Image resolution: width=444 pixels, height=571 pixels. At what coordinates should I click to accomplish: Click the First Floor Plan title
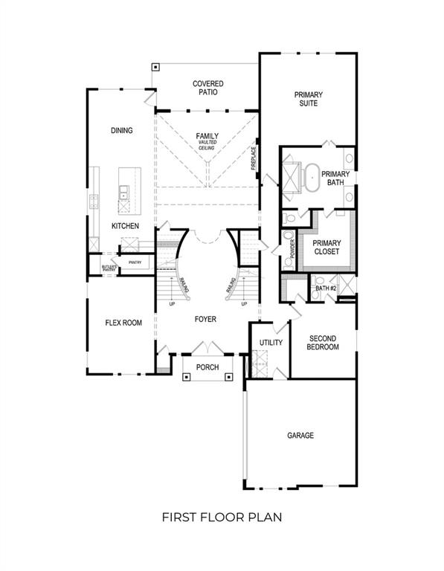222,516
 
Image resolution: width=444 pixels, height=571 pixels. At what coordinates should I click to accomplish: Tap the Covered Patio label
207,88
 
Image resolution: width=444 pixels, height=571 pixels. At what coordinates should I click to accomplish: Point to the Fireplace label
254,158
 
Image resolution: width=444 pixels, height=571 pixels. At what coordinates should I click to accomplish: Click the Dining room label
121,131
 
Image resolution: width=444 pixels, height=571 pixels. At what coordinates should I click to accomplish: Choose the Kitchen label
125,225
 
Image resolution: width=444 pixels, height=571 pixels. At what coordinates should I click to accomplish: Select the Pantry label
135,262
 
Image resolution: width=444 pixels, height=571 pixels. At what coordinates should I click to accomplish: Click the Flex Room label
123,323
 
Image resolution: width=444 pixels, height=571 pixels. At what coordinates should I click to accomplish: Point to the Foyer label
205,319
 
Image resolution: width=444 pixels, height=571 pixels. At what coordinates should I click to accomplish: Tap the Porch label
207,367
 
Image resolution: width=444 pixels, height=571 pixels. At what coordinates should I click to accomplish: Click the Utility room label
271,343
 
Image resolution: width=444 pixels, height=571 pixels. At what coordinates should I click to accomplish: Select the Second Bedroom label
324,342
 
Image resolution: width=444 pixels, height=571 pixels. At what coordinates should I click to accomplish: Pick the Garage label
300,435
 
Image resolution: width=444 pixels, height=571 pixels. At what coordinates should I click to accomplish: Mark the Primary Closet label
326,248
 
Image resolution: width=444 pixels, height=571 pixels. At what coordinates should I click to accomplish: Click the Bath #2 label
326,288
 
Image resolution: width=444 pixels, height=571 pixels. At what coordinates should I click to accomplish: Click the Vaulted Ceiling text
207,145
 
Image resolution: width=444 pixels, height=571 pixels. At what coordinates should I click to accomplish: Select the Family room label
207,136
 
